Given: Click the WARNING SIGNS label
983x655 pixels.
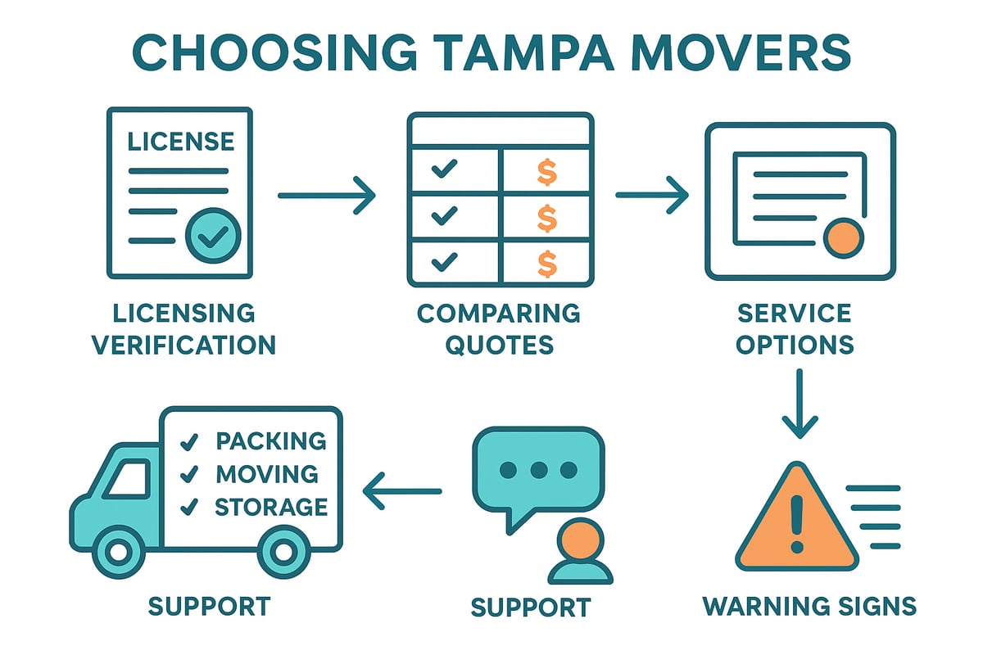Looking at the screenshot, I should pyautogui.click(x=809, y=607).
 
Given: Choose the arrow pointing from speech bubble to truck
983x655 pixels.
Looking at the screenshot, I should pyautogui.click(x=402, y=492).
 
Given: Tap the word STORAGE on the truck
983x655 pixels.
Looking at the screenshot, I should pyautogui.click(x=270, y=507).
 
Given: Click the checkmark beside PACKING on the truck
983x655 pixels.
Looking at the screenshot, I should pyautogui.click(x=189, y=442).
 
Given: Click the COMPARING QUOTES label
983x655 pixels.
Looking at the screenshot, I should pyautogui.click(x=499, y=328).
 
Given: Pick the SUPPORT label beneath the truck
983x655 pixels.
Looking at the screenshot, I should pyautogui.click(x=209, y=607).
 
